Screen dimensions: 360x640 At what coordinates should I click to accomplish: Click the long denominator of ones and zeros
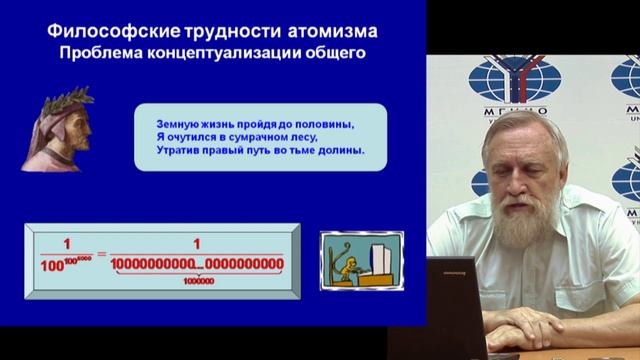pyautogui.click(x=197, y=266)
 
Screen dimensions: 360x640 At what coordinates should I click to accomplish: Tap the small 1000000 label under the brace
pyautogui.click(x=197, y=281)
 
